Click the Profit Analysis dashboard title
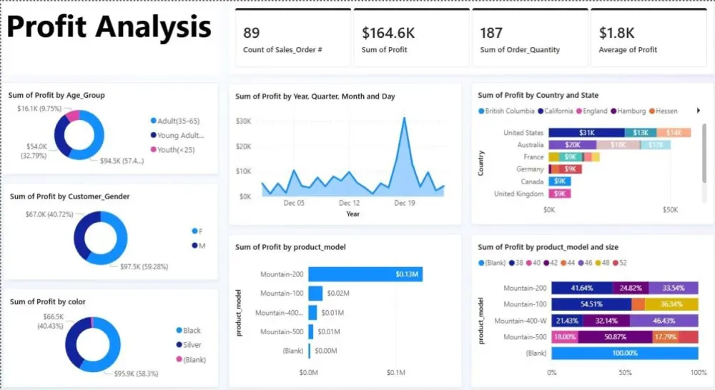tap(109, 28)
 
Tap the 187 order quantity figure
tap(490, 33)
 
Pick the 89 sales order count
tap(251, 33)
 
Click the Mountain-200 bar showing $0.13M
tap(365, 274)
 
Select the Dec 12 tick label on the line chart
tap(349, 203)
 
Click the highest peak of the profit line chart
tap(405, 118)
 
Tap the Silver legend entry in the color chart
tap(192, 345)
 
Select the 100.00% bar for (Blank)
tap(625, 354)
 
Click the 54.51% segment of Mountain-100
tap(591, 304)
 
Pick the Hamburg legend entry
tap(630, 111)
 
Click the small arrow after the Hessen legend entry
tap(697, 111)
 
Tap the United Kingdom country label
tap(518, 194)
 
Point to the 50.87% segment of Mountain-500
tap(613, 337)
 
